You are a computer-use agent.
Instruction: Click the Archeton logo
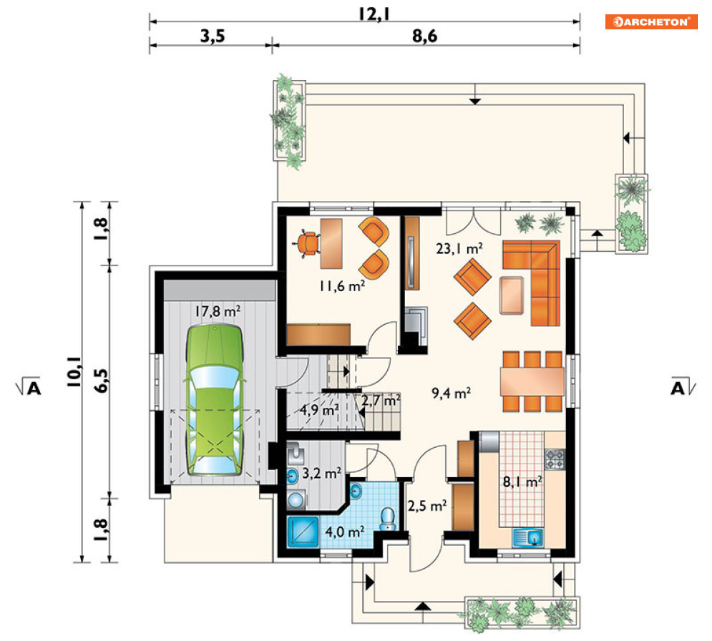click(x=651, y=21)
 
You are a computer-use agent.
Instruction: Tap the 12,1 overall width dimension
click(x=374, y=14)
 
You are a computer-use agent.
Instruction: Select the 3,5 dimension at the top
click(x=213, y=36)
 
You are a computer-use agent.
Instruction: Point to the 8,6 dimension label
click(x=424, y=36)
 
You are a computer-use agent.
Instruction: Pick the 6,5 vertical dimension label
click(x=102, y=381)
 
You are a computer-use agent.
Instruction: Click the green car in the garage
click(x=214, y=400)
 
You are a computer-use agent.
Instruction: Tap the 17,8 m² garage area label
click(x=218, y=311)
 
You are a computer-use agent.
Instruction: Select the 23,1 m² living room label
click(x=459, y=248)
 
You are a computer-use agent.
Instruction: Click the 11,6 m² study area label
click(x=342, y=286)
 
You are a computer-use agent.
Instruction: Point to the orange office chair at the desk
click(x=308, y=243)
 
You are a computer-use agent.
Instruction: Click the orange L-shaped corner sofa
click(x=531, y=283)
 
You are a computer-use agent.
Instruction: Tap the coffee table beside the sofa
click(x=512, y=295)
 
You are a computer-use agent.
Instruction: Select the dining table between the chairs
click(x=532, y=381)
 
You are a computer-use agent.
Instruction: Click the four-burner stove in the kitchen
click(x=555, y=459)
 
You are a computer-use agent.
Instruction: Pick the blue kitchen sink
click(x=528, y=537)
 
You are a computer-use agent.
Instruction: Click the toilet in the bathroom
click(x=387, y=519)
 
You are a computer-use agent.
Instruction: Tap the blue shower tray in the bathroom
click(x=303, y=531)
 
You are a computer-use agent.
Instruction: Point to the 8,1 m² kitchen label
click(x=522, y=481)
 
